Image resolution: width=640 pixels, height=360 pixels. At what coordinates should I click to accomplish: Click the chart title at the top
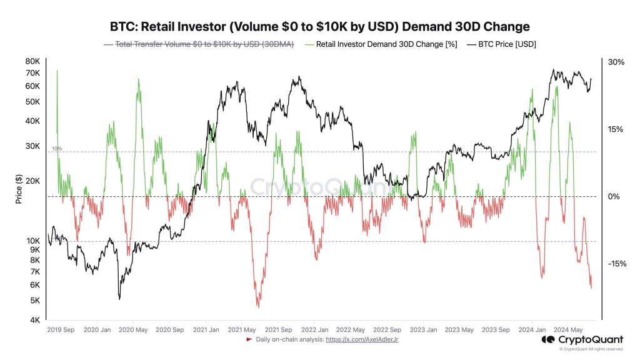319,26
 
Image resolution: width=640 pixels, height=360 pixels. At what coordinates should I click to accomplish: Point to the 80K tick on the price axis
32,61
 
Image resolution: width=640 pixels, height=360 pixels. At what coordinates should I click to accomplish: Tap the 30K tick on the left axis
32,146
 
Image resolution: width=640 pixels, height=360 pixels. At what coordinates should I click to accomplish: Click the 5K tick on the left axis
34,301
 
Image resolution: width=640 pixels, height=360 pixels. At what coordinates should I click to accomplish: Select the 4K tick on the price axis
34,320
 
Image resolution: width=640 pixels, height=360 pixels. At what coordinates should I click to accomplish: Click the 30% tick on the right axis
616,62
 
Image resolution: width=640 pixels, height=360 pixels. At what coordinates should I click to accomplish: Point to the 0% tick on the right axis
616,197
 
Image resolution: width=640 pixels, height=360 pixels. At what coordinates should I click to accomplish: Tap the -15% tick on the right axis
616,264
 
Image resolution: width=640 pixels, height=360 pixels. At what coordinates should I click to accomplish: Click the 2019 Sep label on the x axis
62,329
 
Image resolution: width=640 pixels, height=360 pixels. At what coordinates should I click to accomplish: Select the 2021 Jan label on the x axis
205,329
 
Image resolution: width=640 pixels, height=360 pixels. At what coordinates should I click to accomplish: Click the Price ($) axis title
19,190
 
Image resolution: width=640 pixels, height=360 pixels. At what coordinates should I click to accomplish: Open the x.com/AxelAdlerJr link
362,339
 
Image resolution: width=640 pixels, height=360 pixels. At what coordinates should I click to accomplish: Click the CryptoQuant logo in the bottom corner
582,339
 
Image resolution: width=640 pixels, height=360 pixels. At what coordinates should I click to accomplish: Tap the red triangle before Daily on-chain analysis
249,339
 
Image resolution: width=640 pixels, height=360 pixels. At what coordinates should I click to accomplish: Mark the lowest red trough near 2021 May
257,307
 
